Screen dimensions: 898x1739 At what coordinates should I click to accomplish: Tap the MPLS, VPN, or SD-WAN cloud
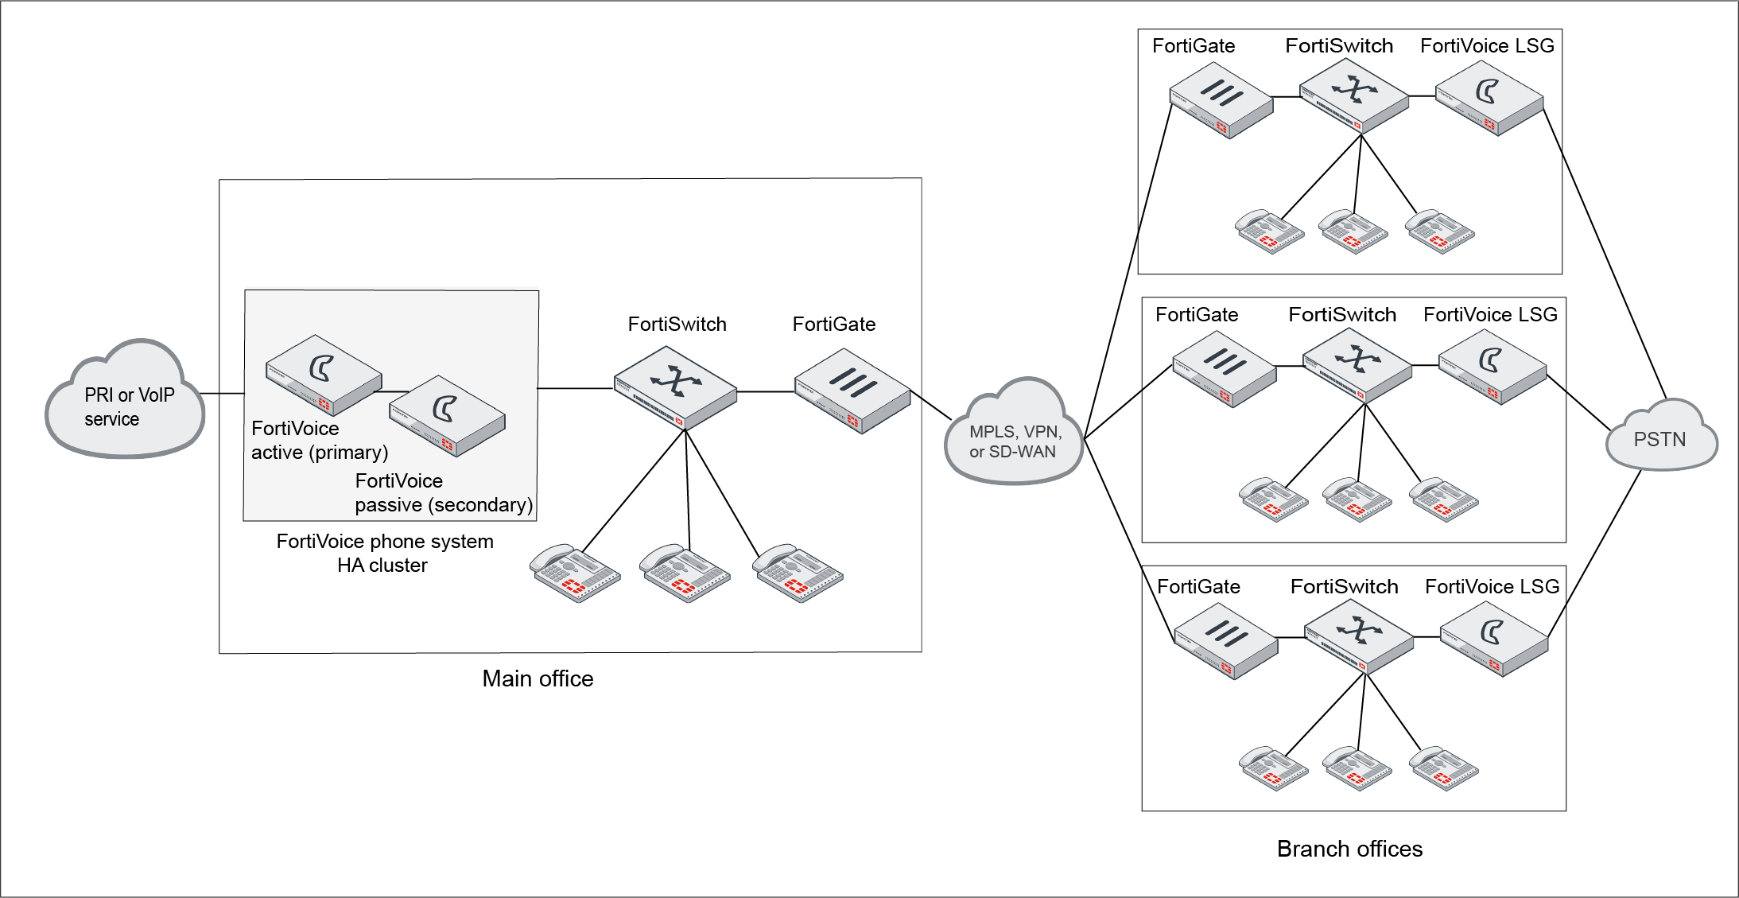click(1014, 437)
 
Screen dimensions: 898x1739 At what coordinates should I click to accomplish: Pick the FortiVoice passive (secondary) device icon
click(447, 416)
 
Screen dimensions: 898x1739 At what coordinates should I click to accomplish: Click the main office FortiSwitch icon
click(676, 387)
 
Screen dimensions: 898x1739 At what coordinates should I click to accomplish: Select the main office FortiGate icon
click(852, 391)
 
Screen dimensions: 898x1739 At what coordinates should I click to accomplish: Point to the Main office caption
click(538, 678)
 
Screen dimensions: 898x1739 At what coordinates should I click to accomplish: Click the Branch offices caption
click(1349, 849)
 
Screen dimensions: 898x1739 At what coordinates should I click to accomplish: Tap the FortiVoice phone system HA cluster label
click(384, 553)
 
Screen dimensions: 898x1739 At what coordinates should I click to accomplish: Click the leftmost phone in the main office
click(575, 573)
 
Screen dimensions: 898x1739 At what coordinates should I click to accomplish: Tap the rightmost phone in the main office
click(798, 573)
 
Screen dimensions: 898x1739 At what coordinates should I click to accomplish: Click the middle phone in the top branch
click(1353, 231)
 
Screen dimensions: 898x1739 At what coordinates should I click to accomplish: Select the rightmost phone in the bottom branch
click(1443, 768)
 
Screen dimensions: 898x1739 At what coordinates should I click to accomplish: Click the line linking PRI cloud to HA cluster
click(223, 393)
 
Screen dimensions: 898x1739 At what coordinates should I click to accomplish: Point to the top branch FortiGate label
click(1194, 46)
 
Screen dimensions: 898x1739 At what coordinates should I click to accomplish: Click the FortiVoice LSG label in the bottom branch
click(1492, 587)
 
